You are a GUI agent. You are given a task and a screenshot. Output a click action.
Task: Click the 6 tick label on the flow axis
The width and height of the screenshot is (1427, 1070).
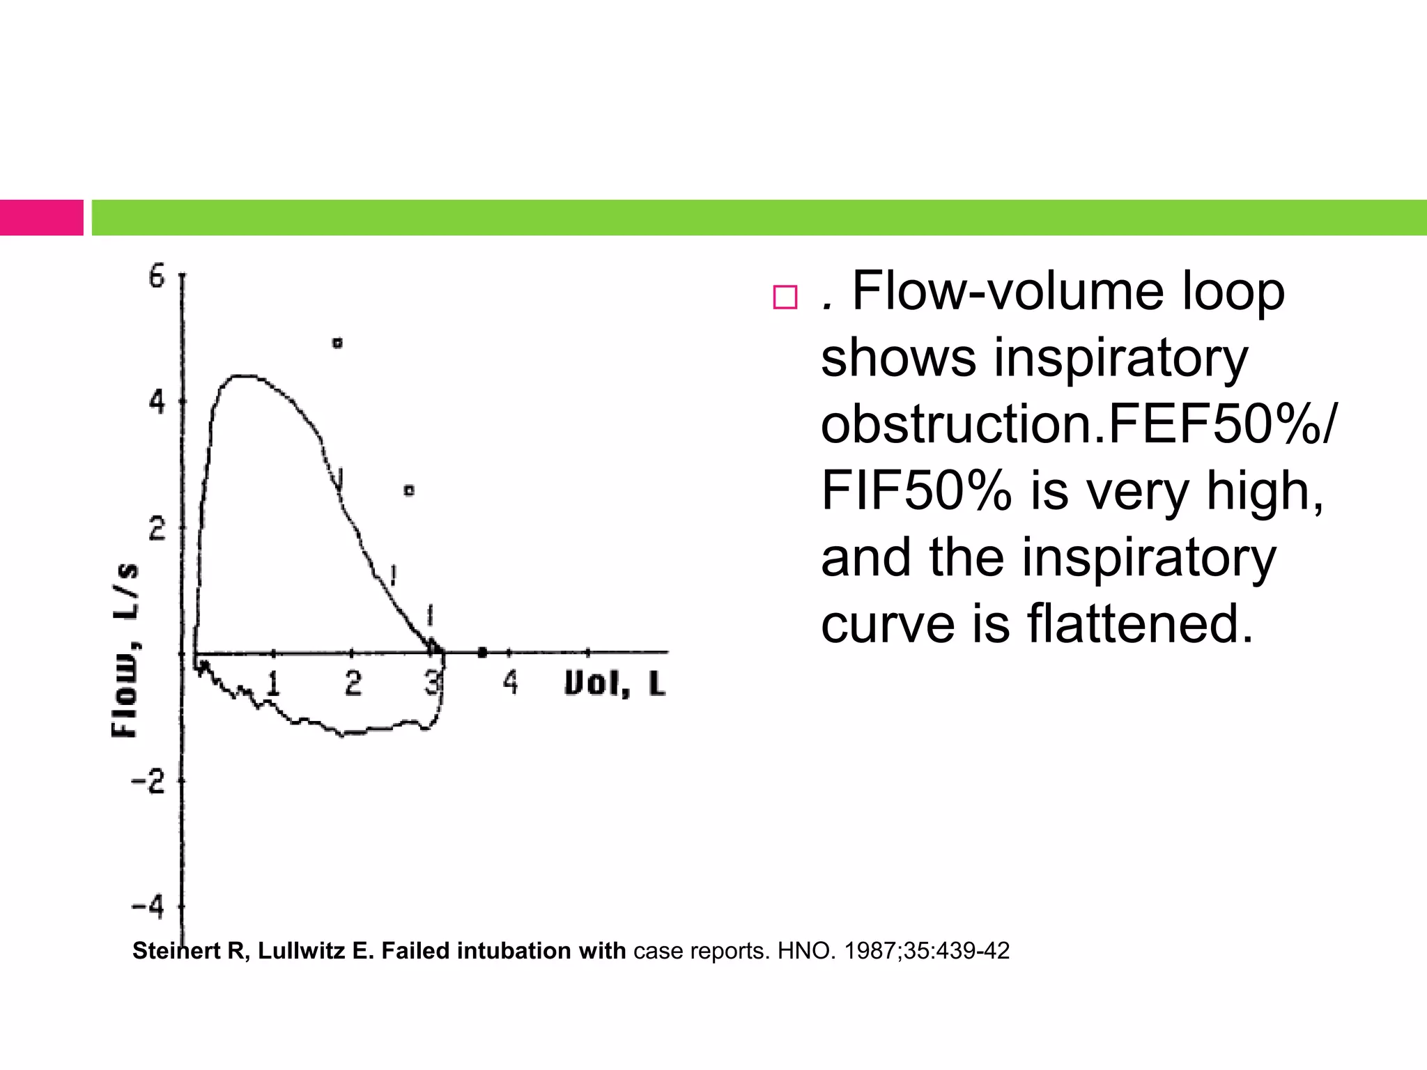tap(157, 277)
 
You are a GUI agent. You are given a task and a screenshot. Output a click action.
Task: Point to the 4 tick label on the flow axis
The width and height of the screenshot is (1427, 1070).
tap(157, 402)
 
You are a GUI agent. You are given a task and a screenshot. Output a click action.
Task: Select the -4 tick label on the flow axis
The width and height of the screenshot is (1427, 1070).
tap(148, 907)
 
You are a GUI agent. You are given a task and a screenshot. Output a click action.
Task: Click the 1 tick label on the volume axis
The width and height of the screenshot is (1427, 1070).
tap(273, 683)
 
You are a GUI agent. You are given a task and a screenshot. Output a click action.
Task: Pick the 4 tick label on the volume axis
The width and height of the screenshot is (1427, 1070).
tap(511, 683)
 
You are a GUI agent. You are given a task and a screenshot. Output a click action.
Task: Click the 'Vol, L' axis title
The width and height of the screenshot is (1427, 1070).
tap(615, 683)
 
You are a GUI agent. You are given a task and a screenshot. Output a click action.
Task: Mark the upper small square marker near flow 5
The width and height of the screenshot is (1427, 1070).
tap(338, 343)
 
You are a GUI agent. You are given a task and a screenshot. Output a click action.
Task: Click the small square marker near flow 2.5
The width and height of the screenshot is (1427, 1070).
tap(410, 490)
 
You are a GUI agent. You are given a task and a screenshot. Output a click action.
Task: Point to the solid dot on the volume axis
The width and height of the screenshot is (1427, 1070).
tap(482, 653)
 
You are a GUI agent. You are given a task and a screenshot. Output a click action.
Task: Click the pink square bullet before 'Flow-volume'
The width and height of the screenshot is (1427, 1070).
tap(785, 297)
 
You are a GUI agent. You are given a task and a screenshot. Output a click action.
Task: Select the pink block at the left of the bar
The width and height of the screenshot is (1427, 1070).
tap(41, 217)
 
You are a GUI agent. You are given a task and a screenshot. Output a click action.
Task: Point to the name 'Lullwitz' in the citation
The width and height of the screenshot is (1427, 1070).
tap(301, 951)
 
